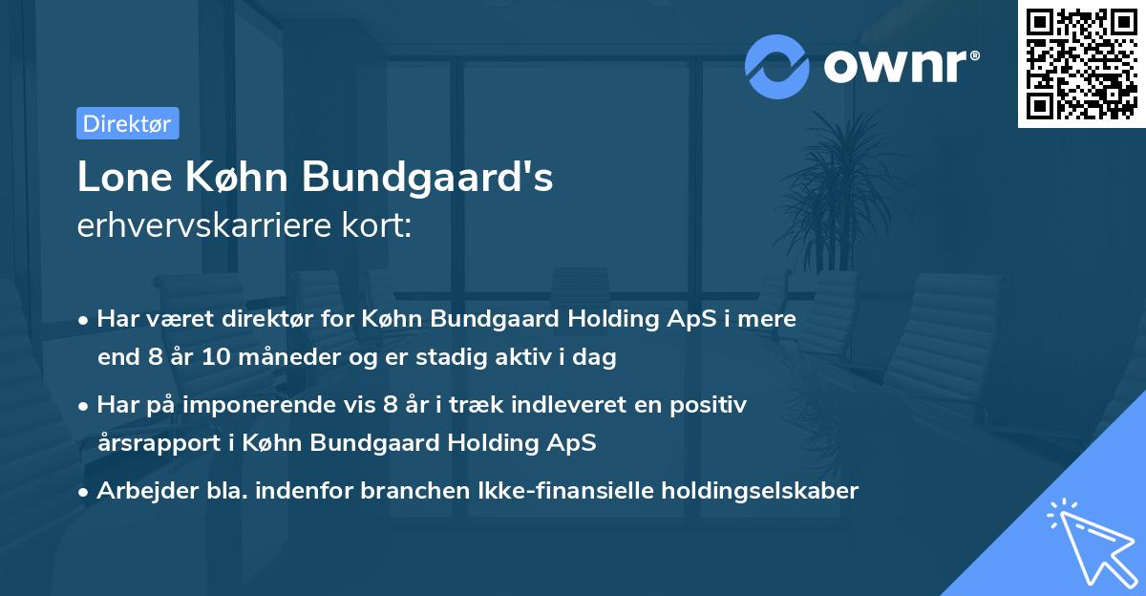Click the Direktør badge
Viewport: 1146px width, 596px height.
click(127, 123)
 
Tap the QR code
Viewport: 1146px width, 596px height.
click(1081, 64)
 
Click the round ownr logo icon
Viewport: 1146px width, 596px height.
click(777, 67)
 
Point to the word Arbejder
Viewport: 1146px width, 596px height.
click(140, 491)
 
